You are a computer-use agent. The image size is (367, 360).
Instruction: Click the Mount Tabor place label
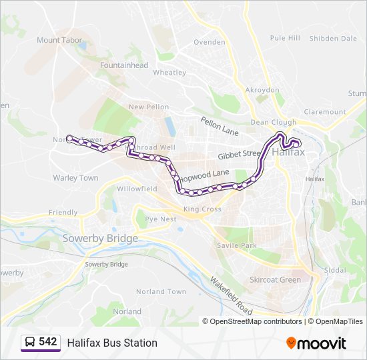point(60,40)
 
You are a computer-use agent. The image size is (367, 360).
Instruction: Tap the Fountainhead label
point(124,65)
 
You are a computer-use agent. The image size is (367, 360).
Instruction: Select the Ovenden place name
point(210,42)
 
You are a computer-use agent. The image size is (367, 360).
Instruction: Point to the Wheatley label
point(169,72)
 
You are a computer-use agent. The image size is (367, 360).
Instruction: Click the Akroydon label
point(262,90)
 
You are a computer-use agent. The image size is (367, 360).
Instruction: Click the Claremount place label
point(325,112)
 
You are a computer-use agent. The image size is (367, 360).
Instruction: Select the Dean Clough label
point(273,123)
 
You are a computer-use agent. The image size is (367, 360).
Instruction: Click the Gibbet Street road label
point(239,155)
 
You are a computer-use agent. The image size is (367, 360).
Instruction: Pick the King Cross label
point(202,209)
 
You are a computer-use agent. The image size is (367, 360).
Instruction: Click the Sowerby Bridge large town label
point(100,238)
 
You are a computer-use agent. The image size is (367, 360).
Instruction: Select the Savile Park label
point(237,245)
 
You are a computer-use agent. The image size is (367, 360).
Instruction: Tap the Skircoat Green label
point(275,279)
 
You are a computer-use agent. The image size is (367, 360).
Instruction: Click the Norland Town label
point(161,291)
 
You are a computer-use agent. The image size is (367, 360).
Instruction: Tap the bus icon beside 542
point(29,343)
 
